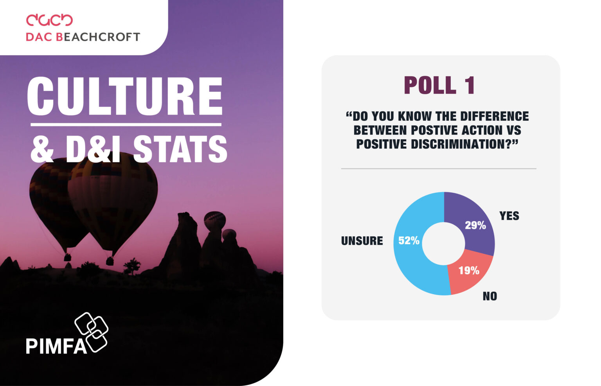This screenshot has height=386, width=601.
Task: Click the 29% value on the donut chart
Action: [475, 225]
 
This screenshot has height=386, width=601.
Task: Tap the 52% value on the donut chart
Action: [409, 241]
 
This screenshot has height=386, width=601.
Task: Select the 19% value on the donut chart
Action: [469, 270]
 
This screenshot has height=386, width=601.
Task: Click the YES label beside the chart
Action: [509, 215]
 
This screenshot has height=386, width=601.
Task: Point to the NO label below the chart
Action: [490, 296]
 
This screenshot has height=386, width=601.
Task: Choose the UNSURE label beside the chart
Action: [362, 241]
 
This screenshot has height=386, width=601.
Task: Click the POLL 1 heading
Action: [439, 85]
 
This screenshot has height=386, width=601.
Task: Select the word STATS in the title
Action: [180, 149]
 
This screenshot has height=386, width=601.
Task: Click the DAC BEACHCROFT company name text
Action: [83, 37]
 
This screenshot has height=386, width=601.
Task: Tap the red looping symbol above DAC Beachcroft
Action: [49, 20]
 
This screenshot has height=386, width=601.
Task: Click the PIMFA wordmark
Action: [56, 346]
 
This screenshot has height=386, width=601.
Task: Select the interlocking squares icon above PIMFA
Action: [92, 332]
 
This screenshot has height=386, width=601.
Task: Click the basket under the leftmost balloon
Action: [67, 257]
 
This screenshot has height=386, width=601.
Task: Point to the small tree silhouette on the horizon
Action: [132, 266]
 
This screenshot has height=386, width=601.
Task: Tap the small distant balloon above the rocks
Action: [215, 221]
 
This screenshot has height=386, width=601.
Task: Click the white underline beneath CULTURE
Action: [126, 125]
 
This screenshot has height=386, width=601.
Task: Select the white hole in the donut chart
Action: [443, 244]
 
